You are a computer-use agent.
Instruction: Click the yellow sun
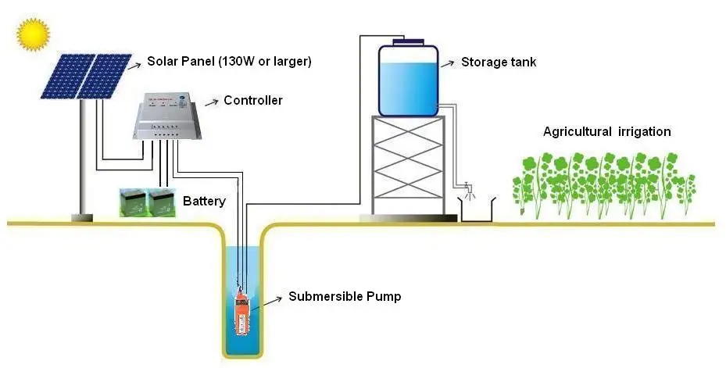coord(34,34)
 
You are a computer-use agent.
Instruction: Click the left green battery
coord(133,202)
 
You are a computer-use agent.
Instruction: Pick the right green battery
coord(162,202)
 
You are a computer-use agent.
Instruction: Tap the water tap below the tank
coord(467,187)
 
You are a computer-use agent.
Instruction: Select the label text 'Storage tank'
coord(499,62)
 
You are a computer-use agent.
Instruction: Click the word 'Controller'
coord(252,100)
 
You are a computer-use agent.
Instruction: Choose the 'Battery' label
coord(204,201)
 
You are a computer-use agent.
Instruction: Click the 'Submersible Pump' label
coord(345,296)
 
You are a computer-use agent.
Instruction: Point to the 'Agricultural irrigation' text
coord(606,131)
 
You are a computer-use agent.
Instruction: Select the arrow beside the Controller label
coord(209,102)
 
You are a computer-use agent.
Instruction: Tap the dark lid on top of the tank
coord(408,42)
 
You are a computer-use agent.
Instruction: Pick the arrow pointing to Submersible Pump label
coord(271,298)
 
